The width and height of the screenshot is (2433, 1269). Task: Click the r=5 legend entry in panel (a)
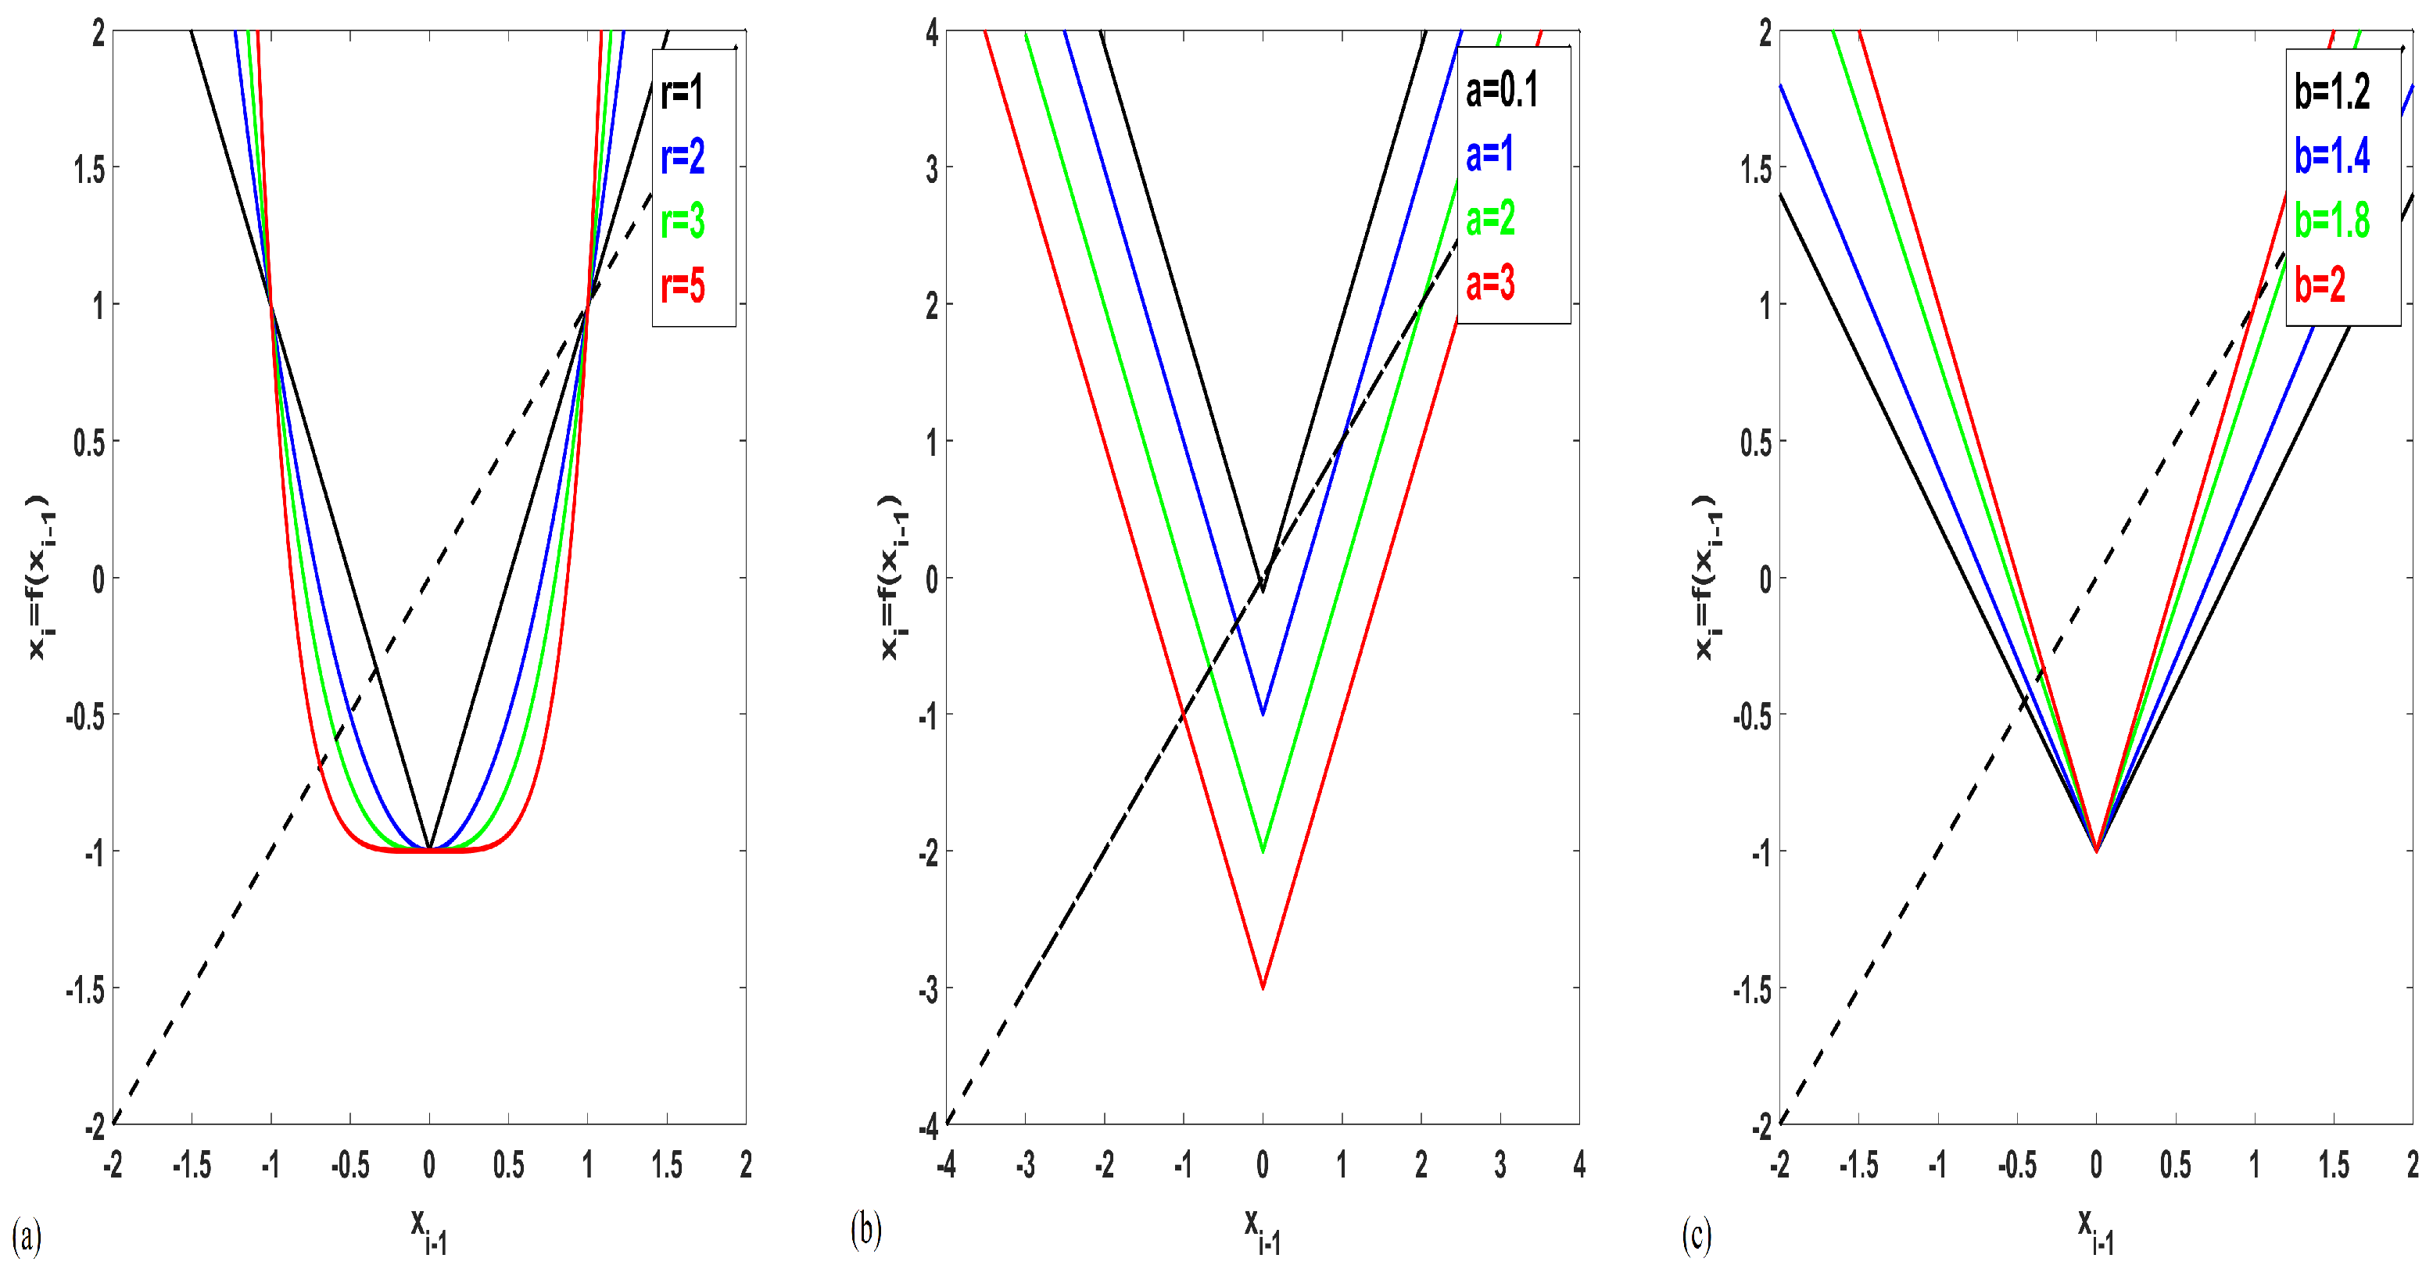click(x=683, y=285)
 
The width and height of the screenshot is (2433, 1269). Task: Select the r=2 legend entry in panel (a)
click(x=683, y=156)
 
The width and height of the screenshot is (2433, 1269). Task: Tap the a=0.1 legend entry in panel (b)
click(x=1502, y=90)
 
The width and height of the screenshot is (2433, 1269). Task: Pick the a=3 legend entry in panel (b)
click(x=1490, y=282)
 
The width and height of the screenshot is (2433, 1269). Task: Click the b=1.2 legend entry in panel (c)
click(x=2332, y=91)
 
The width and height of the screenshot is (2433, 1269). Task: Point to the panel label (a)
click(x=27, y=1236)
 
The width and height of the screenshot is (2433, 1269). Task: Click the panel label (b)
click(x=865, y=1229)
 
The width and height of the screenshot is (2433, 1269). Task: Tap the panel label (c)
click(x=1697, y=1236)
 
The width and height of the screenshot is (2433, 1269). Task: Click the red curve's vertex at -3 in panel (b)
click(x=1263, y=988)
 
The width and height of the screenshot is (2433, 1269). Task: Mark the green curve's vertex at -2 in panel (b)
click(x=1263, y=851)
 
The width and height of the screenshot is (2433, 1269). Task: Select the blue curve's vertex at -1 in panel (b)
click(x=1263, y=713)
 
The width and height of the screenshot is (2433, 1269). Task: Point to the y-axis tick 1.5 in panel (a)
click(x=90, y=169)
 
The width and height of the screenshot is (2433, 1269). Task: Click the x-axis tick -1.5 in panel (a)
click(x=192, y=1165)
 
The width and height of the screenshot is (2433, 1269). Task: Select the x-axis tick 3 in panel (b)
click(x=1500, y=1165)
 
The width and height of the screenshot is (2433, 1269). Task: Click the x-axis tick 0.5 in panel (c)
click(x=2175, y=1165)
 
